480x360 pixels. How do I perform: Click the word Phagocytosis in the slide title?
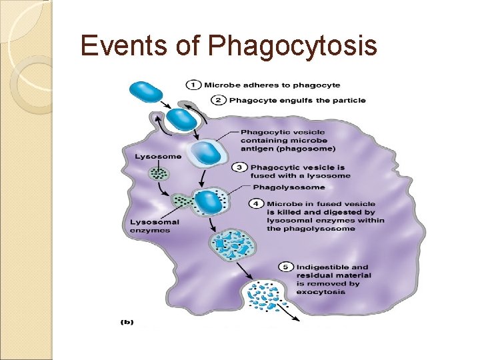tap(293, 47)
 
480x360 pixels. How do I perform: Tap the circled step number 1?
tap(193, 85)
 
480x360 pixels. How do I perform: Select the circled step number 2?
tap(219, 100)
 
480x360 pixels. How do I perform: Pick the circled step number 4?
tap(257, 203)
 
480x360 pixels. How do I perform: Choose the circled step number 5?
tap(285, 267)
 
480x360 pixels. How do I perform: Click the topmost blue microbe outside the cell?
tap(145, 92)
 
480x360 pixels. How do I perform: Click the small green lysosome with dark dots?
tap(159, 174)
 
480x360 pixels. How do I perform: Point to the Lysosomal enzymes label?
tap(150, 226)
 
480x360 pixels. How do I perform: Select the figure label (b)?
tap(127, 322)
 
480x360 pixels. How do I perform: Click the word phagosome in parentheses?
tap(308, 149)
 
